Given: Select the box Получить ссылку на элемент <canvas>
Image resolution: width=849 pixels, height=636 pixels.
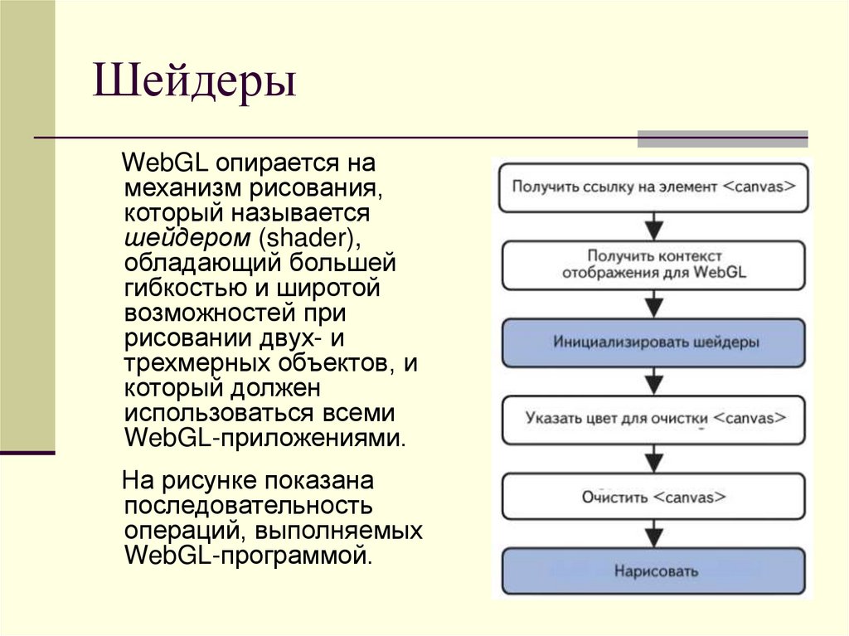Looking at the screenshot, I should point(653,187).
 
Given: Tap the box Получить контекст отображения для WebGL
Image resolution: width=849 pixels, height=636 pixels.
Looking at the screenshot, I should point(653,264).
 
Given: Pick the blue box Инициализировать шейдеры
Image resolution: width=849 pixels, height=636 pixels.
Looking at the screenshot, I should point(653,342).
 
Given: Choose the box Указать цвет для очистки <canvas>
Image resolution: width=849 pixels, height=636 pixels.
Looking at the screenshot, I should point(653,419).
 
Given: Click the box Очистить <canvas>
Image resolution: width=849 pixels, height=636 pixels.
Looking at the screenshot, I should point(653,497).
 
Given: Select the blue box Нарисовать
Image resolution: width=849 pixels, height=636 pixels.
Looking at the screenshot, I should point(653,571).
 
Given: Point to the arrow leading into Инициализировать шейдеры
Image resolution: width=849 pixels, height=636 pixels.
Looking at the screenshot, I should point(654,304).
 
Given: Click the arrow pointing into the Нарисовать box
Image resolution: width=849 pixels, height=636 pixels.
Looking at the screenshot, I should point(654,535).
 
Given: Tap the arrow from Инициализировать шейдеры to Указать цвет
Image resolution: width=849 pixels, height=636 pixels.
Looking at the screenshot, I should point(654,381).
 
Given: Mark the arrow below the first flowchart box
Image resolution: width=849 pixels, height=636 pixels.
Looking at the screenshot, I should point(654,226).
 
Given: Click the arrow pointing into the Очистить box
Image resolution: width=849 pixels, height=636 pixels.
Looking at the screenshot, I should point(654,458).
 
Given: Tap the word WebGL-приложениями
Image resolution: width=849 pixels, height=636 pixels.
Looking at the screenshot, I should point(264,437).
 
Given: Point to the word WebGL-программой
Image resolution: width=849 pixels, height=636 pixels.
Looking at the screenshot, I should point(246,554).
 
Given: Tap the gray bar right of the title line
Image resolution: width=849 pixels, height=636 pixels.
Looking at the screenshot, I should point(722,138).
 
